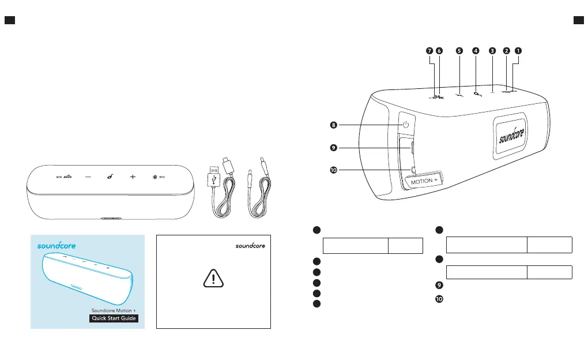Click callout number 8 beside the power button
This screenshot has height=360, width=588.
[x=333, y=124]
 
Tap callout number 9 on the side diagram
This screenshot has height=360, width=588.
[x=333, y=148]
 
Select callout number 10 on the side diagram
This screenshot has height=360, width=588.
[x=333, y=170]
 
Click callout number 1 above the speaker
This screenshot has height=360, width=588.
[x=518, y=51]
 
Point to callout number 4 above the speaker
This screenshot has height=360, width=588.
[x=475, y=51]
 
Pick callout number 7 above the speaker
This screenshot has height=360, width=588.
[x=429, y=51]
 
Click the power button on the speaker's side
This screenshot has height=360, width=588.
[x=406, y=125]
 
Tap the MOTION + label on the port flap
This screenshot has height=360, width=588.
[x=424, y=181]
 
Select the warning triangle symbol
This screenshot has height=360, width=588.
[x=213, y=279]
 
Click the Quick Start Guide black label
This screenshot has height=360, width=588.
[x=114, y=318]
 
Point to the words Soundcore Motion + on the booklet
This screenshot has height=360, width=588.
[x=114, y=310]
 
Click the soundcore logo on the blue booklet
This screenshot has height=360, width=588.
[x=56, y=245]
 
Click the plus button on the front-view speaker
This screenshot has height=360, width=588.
[x=132, y=177]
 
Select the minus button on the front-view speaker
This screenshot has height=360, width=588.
[x=88, y=177]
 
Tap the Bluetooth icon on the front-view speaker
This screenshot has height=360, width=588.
[x=154, y=177]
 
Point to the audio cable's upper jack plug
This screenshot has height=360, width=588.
[x=261, y=164]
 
